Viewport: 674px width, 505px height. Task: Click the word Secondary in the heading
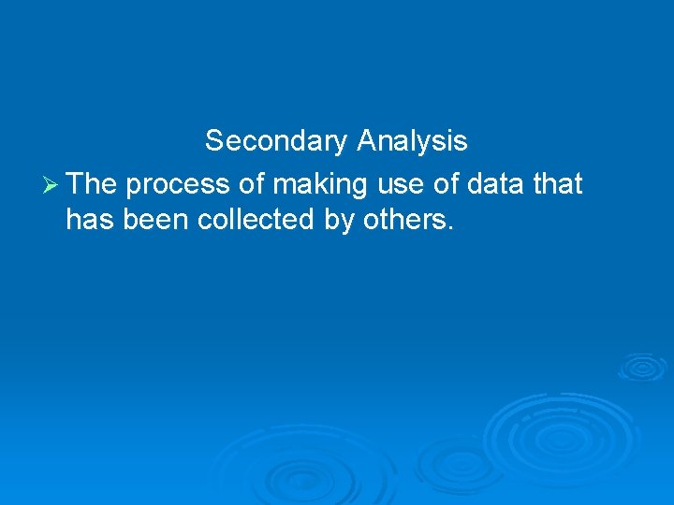[276, 141]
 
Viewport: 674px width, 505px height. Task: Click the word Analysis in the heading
[412, 141]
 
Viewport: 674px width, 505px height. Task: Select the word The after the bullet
[91, 184]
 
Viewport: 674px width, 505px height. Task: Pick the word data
[494, 184]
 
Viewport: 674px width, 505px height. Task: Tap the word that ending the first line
[558, 184]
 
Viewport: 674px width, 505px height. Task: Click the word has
[87, 220]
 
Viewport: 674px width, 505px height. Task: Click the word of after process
[252, 184]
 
